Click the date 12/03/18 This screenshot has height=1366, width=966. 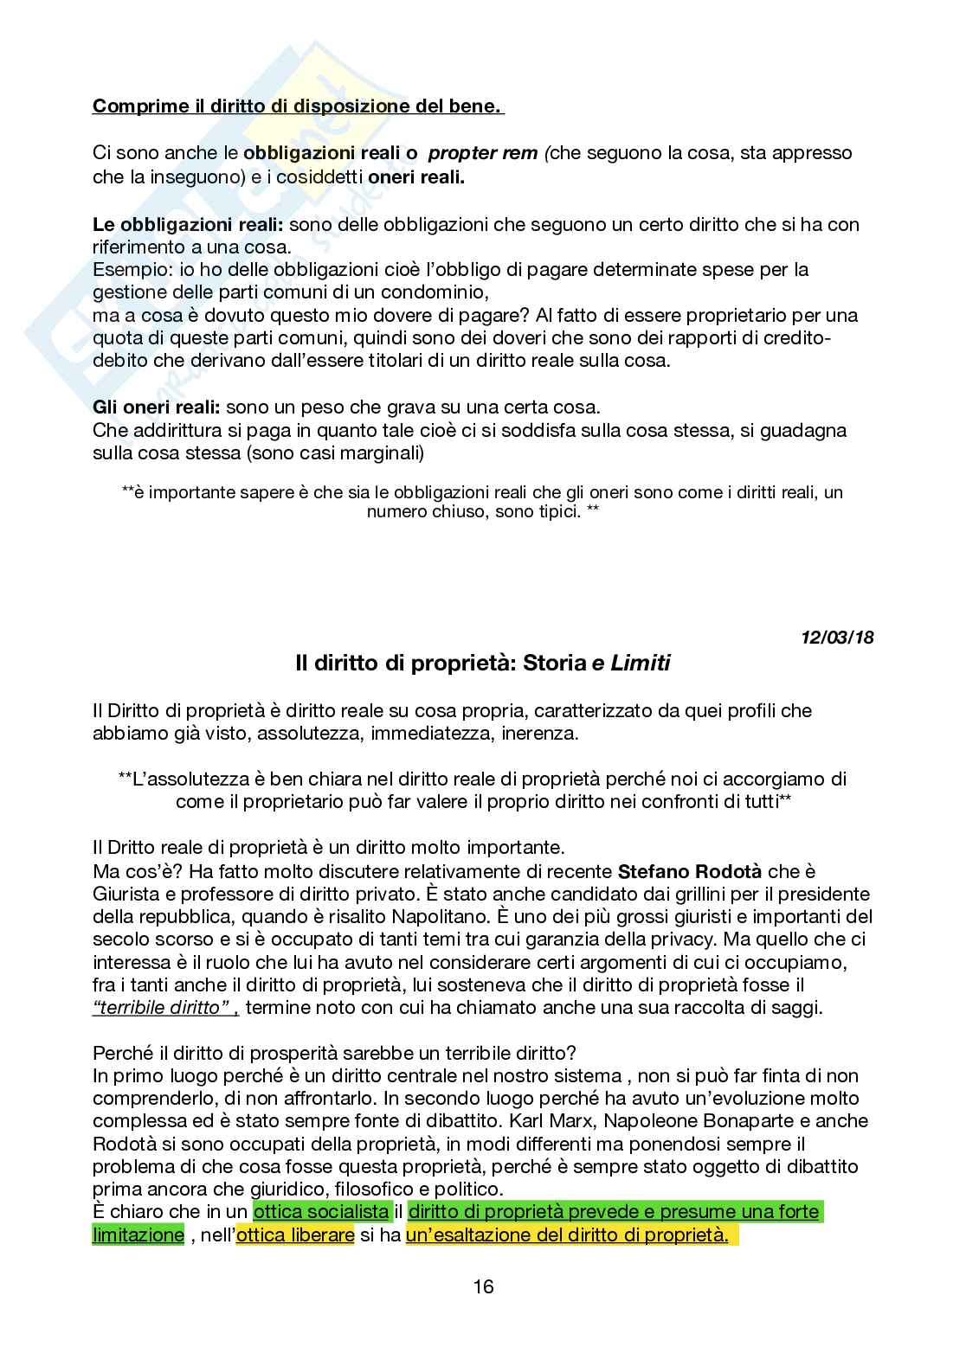pos(836,638)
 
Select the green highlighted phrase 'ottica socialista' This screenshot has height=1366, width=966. pos(320,1212)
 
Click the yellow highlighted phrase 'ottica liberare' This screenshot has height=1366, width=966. pos(294,1235)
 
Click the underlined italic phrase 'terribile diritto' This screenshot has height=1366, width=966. pos(164,1007)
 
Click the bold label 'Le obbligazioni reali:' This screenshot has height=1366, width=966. pos(188,224)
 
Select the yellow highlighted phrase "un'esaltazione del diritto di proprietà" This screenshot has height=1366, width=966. pos(567,1235)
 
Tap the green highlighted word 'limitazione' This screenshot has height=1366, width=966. pos(138,1235)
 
